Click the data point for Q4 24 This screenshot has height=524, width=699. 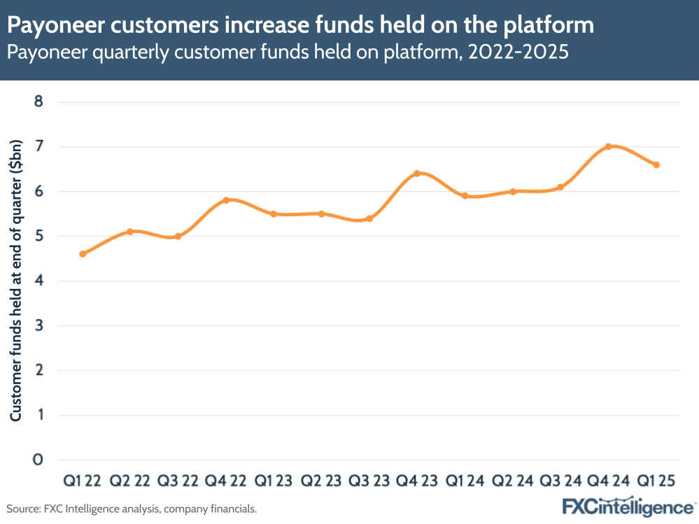click(x=608, y=146)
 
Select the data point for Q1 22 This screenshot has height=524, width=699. click(x=82, y=254)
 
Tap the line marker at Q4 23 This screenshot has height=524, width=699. click(x=417, y=174)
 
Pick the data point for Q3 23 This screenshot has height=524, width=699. click(x=369, y=218)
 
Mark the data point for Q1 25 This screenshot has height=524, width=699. click(x=656, y=164)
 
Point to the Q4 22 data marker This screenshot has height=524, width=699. click(x=225, y=200)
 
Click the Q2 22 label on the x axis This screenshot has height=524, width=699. click(x=129, y=482)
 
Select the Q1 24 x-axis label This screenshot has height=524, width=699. click(x=465, y=482)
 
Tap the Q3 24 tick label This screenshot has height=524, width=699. click(x=560, y=482)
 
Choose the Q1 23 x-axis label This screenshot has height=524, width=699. click(x=273, y=482)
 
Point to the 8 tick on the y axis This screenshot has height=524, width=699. click(x=39, y=102)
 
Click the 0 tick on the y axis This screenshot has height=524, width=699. click(x=39, y=460)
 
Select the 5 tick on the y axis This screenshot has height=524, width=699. click(x=39, y=236)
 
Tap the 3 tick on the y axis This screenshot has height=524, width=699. click(x=39, y=325)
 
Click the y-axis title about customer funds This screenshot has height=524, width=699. click(x=17, y=280)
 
